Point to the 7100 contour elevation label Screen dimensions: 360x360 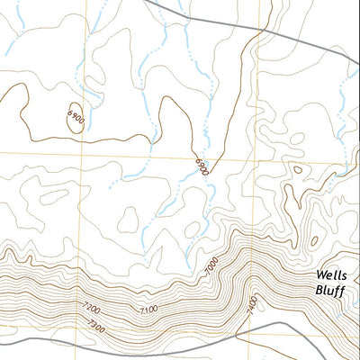coord(149,310)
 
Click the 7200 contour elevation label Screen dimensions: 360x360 coord(92,310)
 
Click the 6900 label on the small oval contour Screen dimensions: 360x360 coord(76,117)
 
